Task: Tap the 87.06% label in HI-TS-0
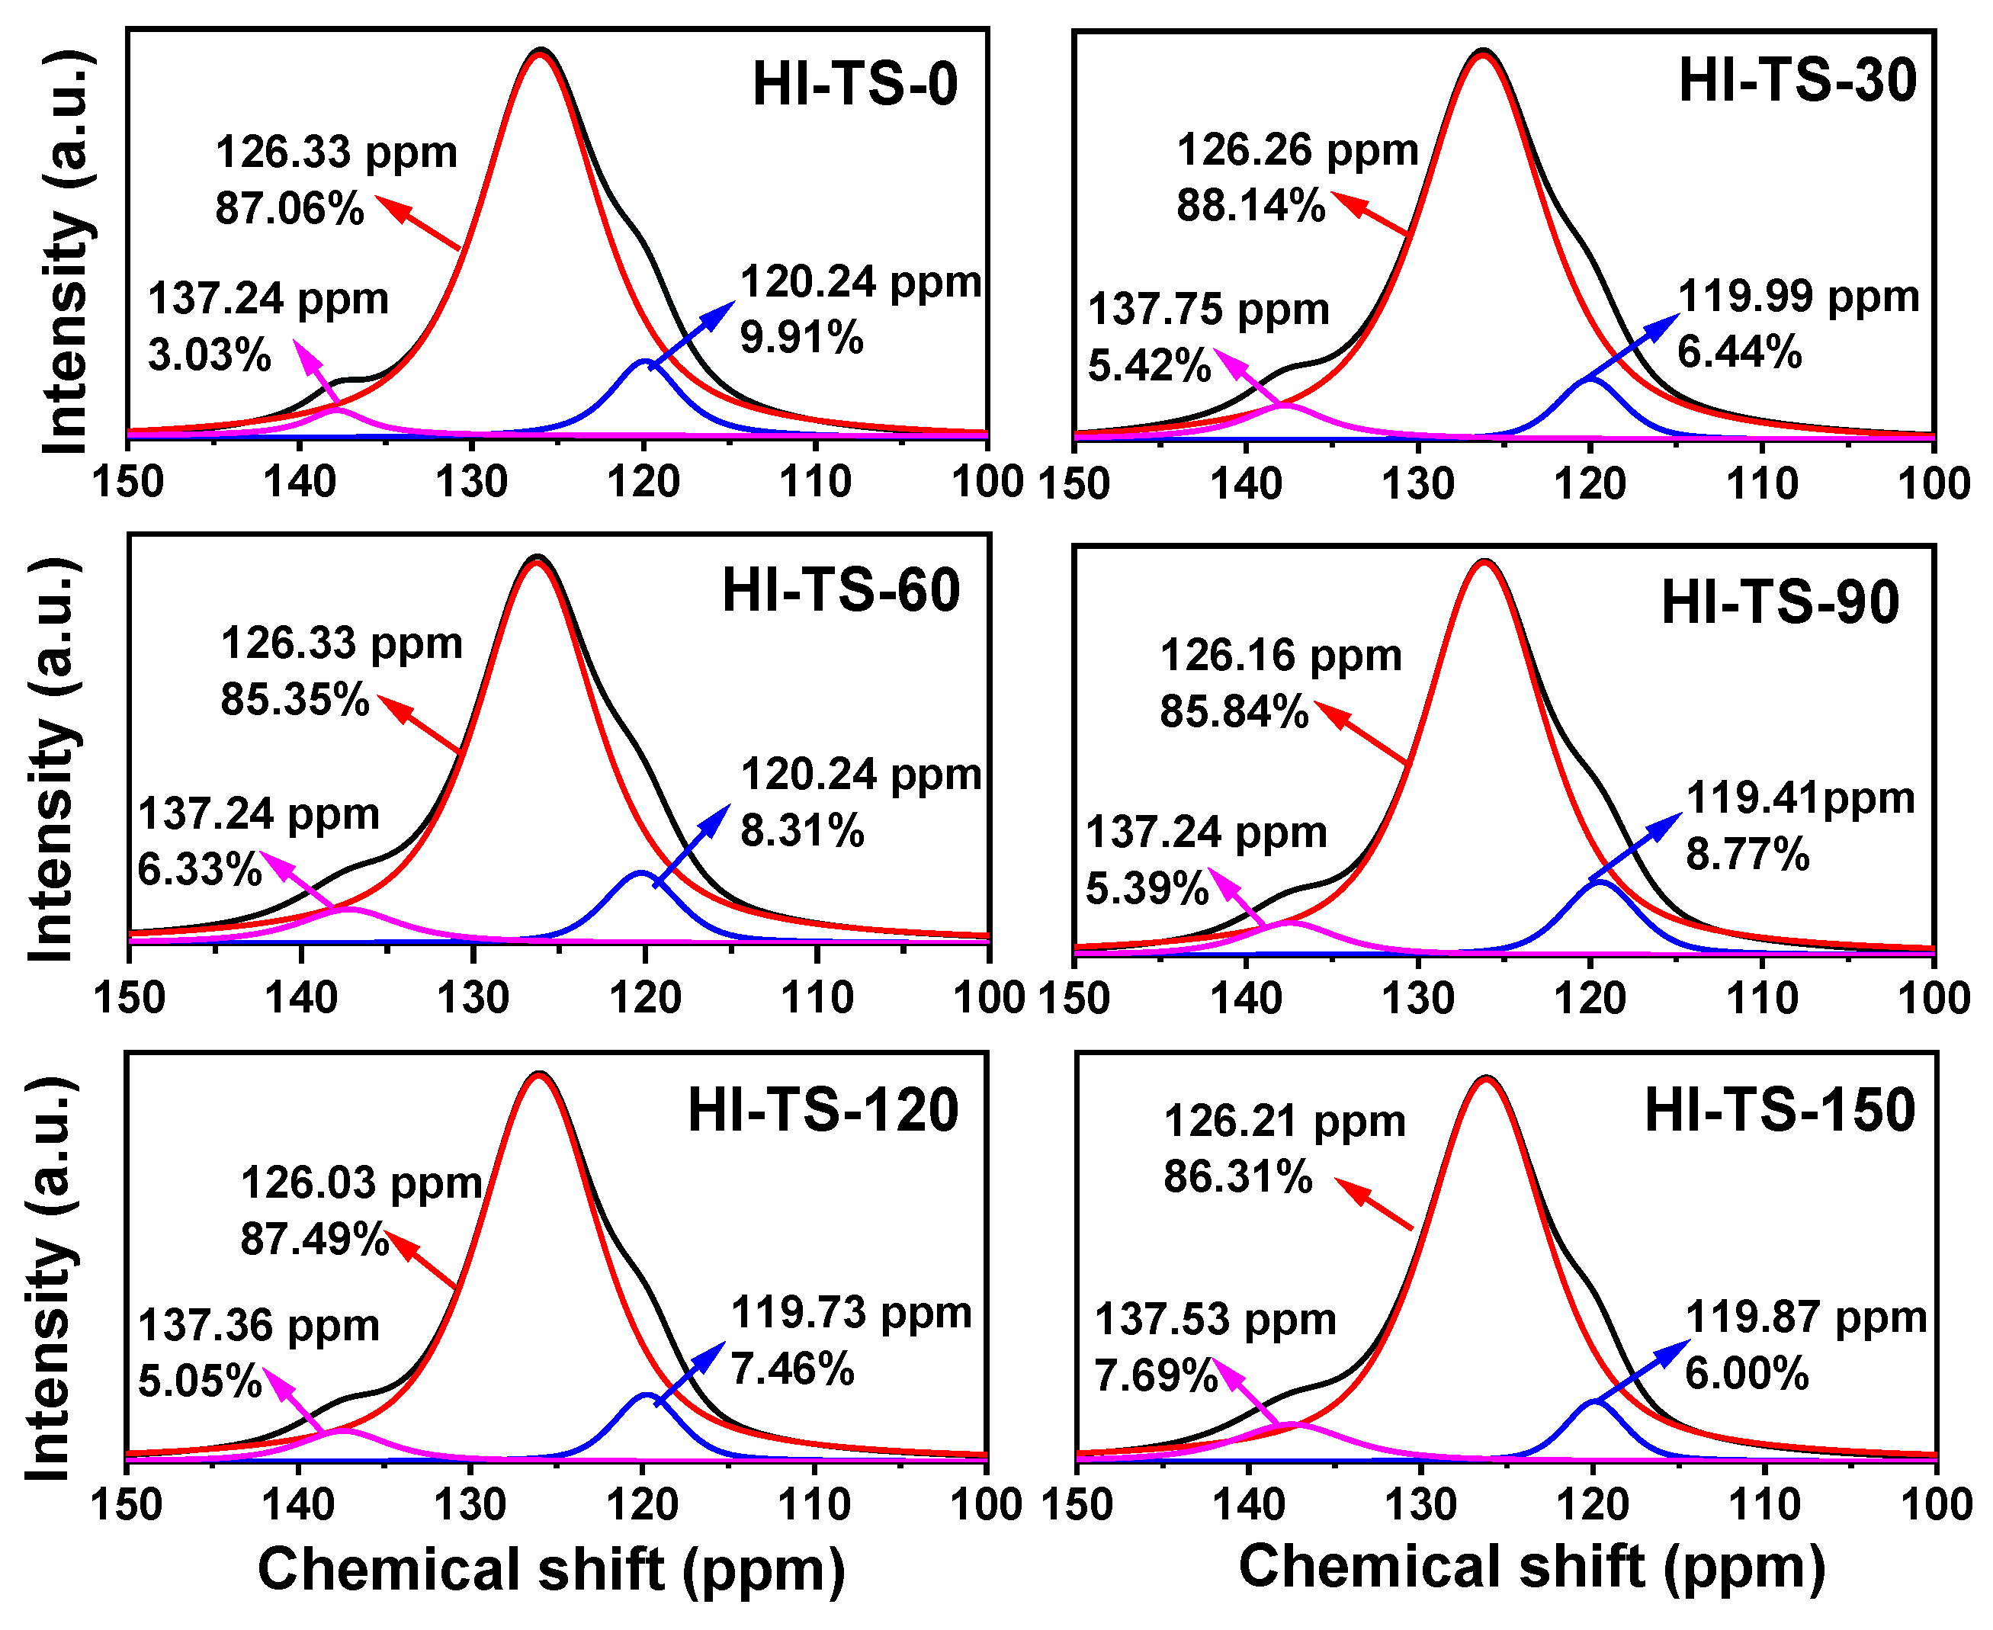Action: (289, 208)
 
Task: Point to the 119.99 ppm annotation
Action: (1798, 297)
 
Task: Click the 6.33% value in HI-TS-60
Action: (199, 869)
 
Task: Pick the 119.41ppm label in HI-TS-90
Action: (1799, 798)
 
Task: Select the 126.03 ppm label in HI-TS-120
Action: (361, 1183)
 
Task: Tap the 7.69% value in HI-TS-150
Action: (1154, 1376)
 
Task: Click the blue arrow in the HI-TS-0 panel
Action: (693, 334)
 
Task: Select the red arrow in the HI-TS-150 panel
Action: (1372, 1204)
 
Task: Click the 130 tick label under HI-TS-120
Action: (470, 1505)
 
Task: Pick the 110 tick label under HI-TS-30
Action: (1762, 484)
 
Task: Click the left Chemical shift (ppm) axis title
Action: (551, 1569)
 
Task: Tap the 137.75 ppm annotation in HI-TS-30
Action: (1208, 310)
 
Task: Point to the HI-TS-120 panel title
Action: (823, 1111)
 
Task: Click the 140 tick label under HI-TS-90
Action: (1246, 999)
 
